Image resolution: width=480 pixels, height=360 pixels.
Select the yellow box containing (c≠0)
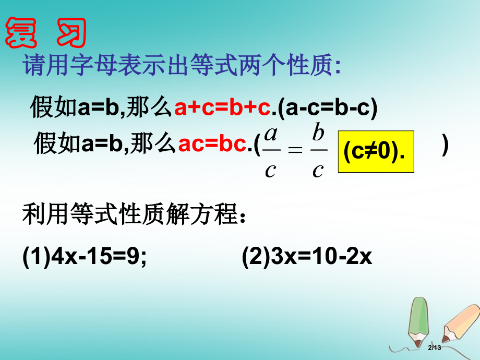pyautogui.click(x=376, y=151)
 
